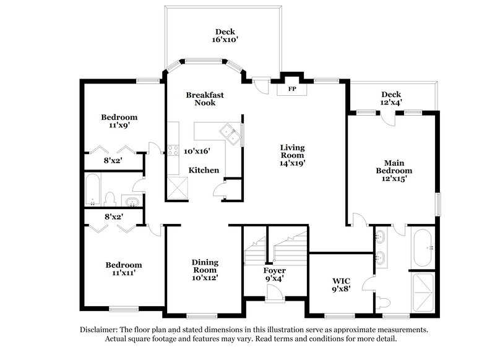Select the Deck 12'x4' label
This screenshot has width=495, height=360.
point(392,98)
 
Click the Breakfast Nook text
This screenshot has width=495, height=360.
point(205,99)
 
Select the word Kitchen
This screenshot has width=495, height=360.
point(204,170)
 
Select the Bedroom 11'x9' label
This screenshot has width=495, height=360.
point(119,120)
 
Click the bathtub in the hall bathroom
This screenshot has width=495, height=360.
point(93,189)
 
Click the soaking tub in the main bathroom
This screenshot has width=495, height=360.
point(425,247)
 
